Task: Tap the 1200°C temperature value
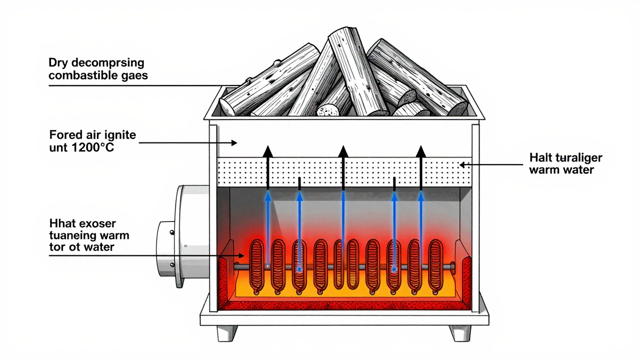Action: coord(92,147)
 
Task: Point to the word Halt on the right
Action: coord(540,158)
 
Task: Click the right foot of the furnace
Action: coord(460,332)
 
